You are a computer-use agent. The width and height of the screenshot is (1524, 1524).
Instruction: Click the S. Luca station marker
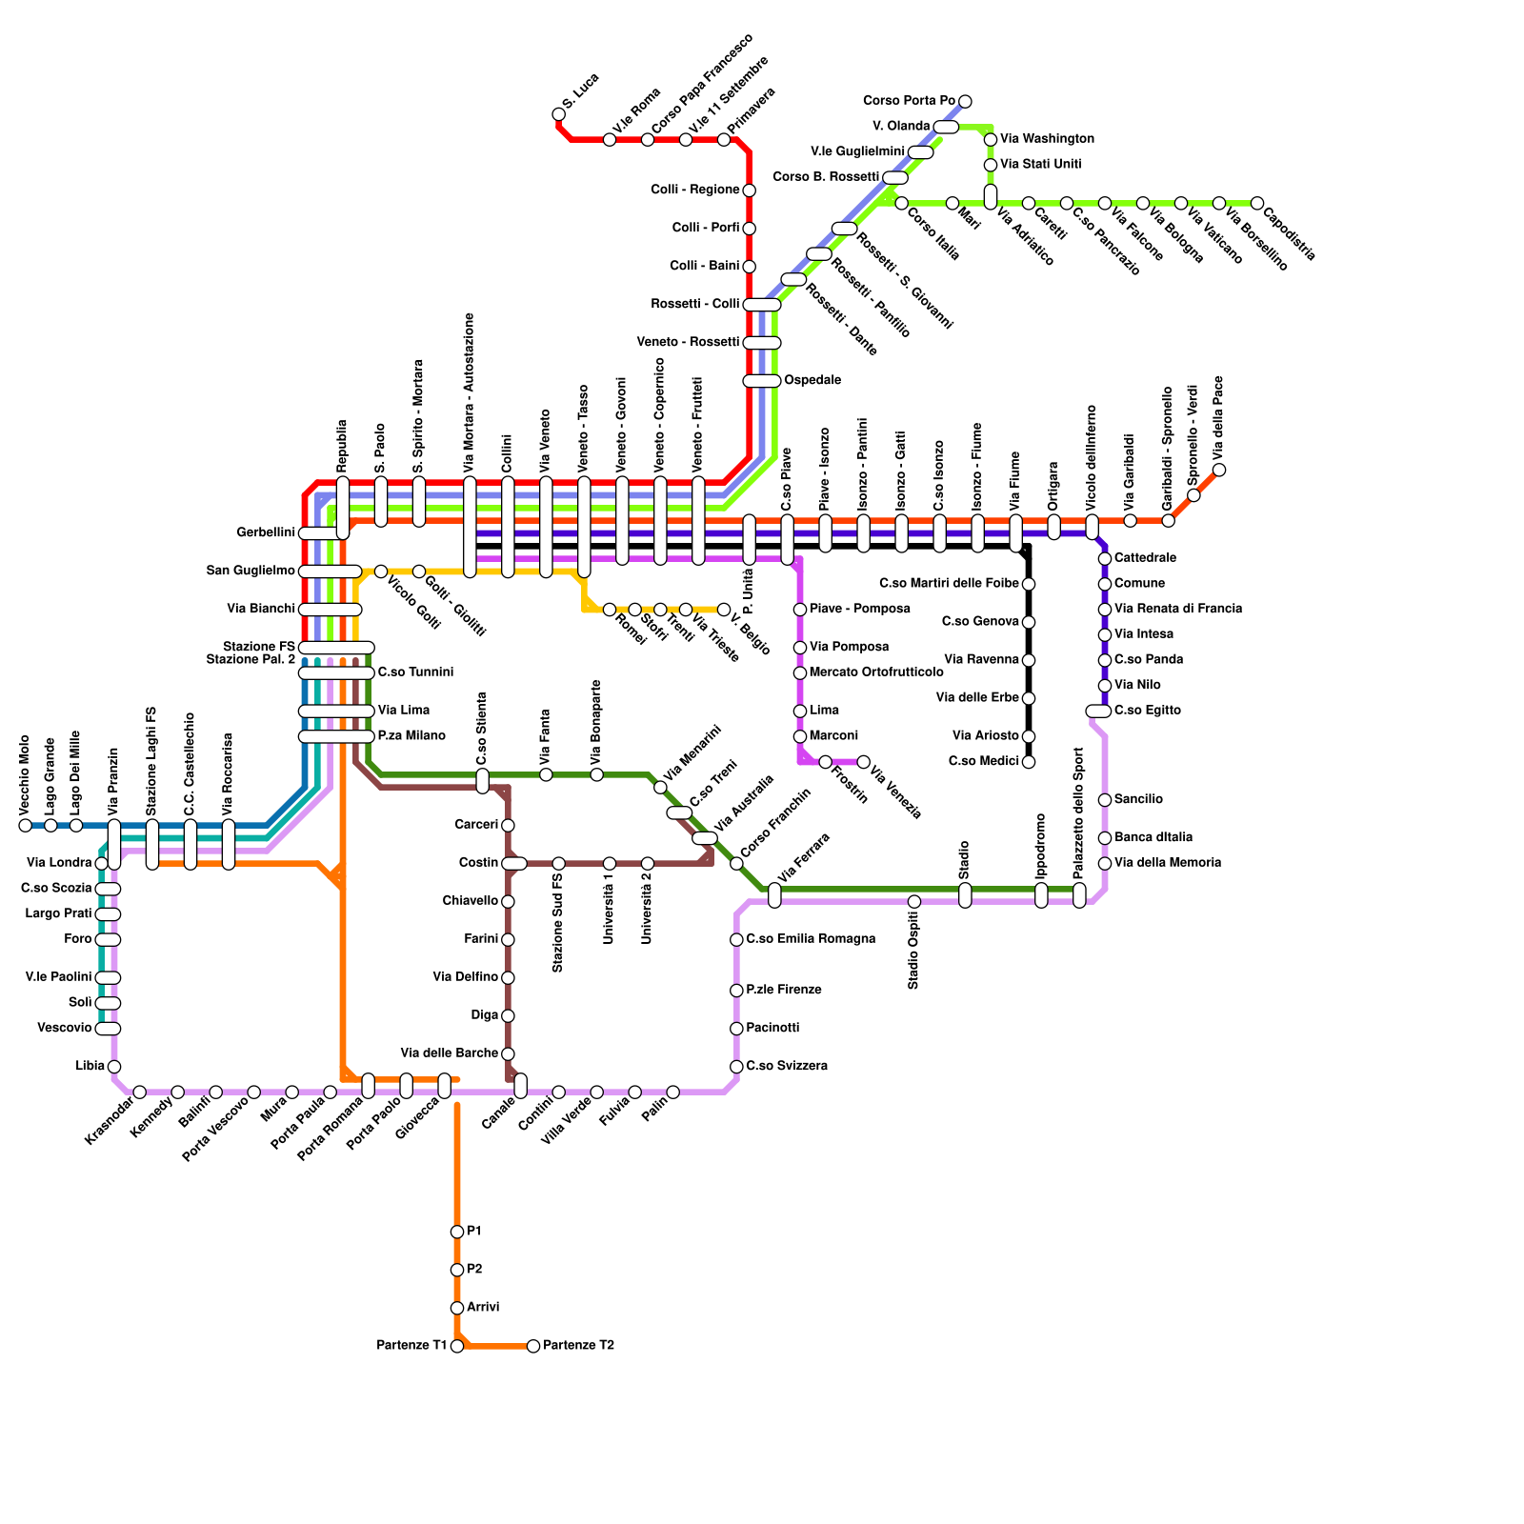[x=559, y=114]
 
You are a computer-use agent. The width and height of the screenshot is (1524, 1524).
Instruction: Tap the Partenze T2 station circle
[x=533, y=1346]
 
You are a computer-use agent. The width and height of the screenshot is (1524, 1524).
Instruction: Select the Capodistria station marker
[x=1257, y=203]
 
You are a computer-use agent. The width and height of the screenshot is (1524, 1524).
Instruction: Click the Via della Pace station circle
[x=1219, y=470]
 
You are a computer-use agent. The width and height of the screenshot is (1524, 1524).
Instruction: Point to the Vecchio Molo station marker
[x=25, y=825]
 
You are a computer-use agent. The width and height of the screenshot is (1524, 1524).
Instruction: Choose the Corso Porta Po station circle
[x=965, y=101]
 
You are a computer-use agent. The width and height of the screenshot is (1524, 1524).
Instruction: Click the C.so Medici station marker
[x=1029, y=762]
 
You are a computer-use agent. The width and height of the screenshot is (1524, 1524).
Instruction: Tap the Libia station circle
[x=114, y=1067]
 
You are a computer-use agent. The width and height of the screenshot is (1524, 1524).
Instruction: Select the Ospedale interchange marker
[x=762, y=381]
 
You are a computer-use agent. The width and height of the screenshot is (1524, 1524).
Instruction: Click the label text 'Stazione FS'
[x=259, y=647]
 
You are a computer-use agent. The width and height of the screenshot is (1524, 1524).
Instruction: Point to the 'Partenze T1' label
[x=411, y=1346]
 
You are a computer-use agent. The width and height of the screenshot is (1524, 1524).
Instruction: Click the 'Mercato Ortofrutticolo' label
[x=876, y=672]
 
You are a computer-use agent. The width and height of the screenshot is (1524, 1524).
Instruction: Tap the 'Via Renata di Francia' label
[x=1178, y=609]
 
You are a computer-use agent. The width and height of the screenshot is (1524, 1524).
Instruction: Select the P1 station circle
[x=457, y=1232]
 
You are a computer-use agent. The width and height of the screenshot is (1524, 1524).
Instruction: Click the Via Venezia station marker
[x=863, y=762]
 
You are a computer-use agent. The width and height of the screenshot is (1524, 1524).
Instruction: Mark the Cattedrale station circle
[x=1105, y=558]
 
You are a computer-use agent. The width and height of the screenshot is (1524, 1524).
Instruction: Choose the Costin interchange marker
[x=514, y=863]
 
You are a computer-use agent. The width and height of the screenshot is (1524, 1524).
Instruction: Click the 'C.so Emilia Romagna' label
[x=811, y=939]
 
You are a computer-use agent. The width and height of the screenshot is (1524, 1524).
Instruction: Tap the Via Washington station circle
[x=991, y=139]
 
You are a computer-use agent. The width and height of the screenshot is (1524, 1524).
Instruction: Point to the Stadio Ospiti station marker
[x=914, y=901]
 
